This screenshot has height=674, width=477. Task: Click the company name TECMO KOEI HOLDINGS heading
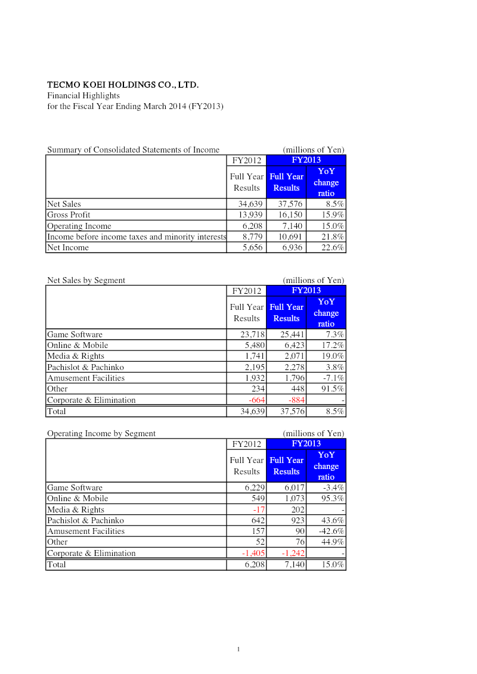click(x=123, y=85)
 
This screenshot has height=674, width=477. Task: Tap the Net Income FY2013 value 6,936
click(x=290, y=248)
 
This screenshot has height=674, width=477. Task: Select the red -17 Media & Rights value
click(x=259, y=510)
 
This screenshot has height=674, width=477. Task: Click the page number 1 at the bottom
click(x=238, y=650)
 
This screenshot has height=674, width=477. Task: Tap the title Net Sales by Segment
click(x=86, y=281)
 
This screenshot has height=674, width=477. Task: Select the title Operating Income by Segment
click(x=101, y=434)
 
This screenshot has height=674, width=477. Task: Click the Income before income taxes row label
click(x=137, y=237)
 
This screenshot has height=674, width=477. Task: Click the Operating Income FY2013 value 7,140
click(x=292, y=226)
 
